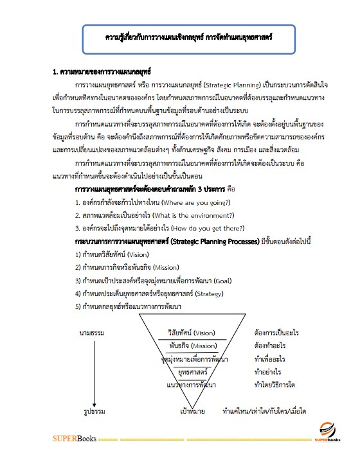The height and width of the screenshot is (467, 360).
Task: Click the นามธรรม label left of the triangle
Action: pos(88,333)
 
